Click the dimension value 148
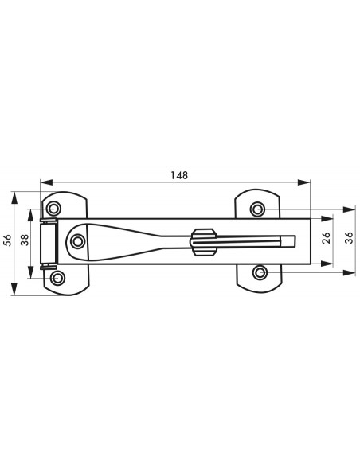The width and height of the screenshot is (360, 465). tap(179, 175)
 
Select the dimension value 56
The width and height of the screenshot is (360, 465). tap(7, 240)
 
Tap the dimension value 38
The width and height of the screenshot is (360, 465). tap(25, 240)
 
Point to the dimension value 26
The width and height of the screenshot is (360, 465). tap(326, 238)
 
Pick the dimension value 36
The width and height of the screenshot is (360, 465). tap(350, 238)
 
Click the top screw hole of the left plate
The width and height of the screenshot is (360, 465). tap(54, 209)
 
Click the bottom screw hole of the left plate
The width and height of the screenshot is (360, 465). tap(57, 278)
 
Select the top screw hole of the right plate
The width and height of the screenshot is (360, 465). tap(257, 209)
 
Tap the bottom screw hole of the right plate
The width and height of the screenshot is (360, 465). tap(260, 272)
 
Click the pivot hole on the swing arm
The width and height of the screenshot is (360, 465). tap(78, 241)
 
